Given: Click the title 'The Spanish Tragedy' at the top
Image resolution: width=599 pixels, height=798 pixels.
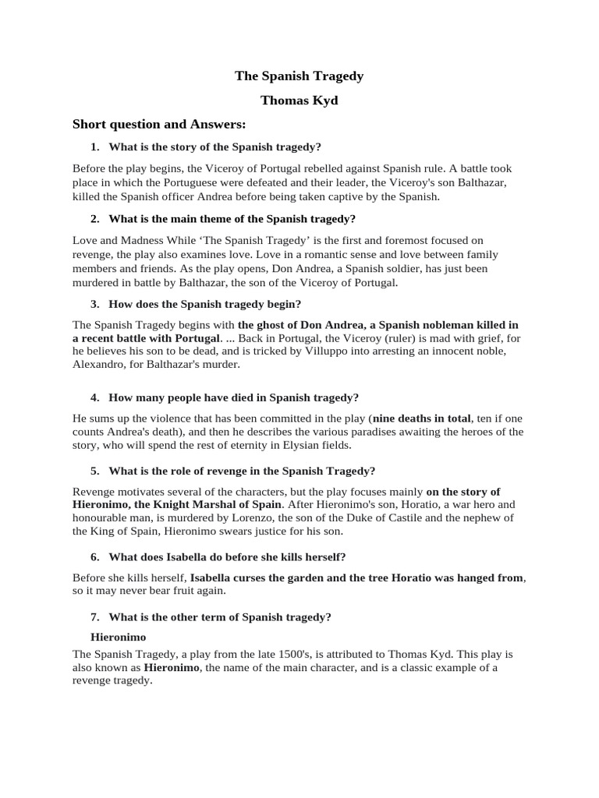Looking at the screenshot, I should (x=299, y=76).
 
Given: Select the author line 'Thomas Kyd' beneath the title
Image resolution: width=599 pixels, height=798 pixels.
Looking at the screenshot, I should (x=299, y=101).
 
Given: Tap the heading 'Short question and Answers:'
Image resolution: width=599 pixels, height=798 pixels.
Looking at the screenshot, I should (x=159, y=124).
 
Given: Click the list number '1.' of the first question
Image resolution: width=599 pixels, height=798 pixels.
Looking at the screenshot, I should (x=95, y=147).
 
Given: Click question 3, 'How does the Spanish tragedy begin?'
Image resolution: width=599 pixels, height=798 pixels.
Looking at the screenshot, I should (x=204, y=303).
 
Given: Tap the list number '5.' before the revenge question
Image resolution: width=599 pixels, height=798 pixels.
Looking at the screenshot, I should (x=95, y=471).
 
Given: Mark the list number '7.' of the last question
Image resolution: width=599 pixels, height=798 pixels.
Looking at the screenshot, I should (x=95, y=616).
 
